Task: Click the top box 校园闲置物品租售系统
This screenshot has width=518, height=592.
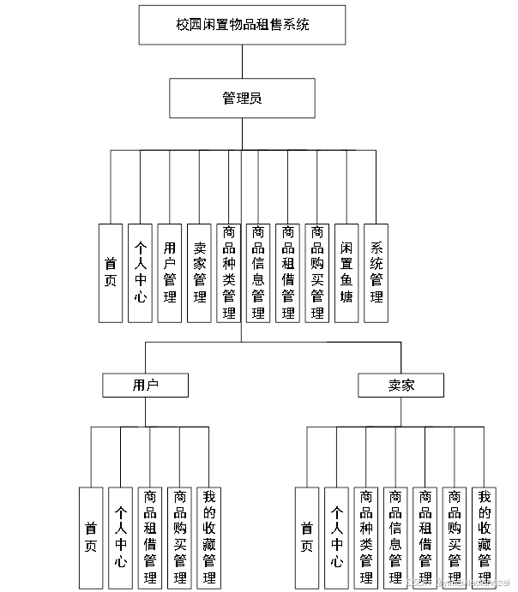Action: click(243, 25)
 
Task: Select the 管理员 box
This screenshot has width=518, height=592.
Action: click(243, 99)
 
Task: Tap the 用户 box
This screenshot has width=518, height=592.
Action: click(145, 386)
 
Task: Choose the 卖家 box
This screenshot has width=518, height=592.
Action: click(401, 386)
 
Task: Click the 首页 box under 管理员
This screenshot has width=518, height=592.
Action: click(111, 273)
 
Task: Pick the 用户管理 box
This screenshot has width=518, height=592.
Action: click(170, 273)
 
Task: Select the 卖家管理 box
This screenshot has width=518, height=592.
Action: click(199, 273)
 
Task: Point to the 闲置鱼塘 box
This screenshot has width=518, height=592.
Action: click(346, 273)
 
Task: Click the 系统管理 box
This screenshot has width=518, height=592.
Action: click(376, 273)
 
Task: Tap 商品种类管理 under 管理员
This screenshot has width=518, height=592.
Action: click(229, 273)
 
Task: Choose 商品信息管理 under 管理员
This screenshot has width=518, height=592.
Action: click(258, 273)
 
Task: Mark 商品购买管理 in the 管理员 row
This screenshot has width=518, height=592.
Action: click(317, 273)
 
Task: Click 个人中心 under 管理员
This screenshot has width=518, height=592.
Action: click(141, 273)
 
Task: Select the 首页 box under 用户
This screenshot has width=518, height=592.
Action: click(91, 537)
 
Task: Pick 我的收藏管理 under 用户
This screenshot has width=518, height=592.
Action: click(209, 537)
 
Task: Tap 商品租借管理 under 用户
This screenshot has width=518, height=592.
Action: click(150, 537)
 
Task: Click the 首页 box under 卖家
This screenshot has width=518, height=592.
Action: click(307, 537)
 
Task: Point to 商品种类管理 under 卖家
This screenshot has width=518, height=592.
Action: click(366, 537)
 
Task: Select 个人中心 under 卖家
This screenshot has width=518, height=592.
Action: click(337, 537)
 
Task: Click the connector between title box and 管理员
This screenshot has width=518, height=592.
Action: click(243, 62)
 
